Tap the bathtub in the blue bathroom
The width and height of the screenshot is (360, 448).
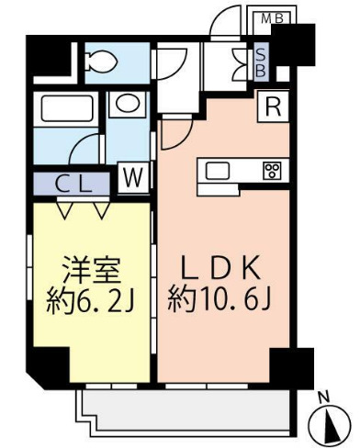click(x=67, y=112)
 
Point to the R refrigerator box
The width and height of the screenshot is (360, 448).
click(x=273, y=106)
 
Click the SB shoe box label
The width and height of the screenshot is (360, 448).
click(x=260, y=62)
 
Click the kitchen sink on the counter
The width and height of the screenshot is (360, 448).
click(x=219, y=170)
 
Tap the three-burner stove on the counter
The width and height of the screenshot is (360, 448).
click(x=272, y=170)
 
